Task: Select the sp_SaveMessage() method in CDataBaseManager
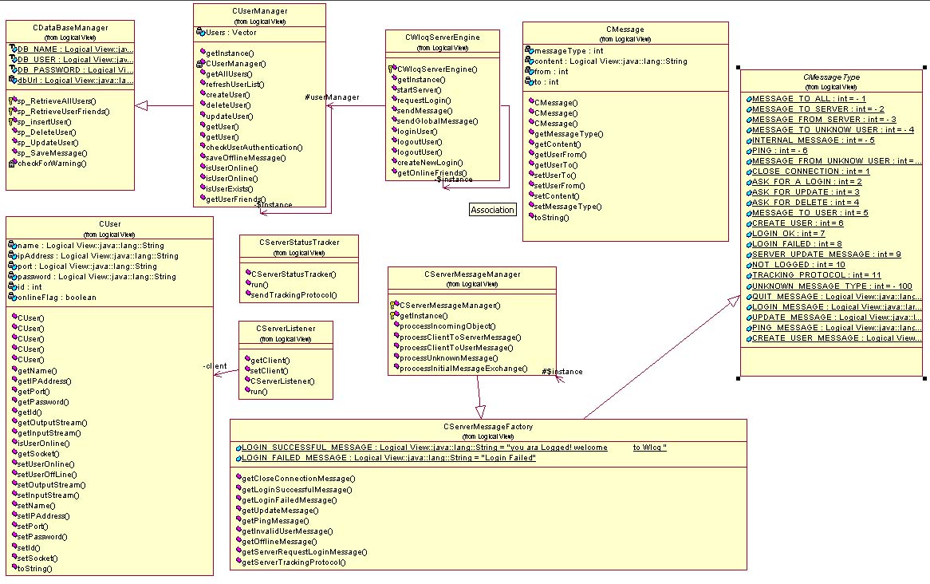tap(52, 152)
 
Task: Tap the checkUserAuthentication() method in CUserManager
tap(254, 148)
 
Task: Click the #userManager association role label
tap(333, 97)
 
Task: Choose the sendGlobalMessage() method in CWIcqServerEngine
tap(437, 121)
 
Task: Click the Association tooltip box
tap(492, 210)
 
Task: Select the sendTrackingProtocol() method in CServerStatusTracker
tap(294, 295)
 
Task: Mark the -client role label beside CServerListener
tap(215, 366)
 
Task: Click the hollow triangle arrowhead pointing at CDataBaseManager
tap(141, 106)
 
